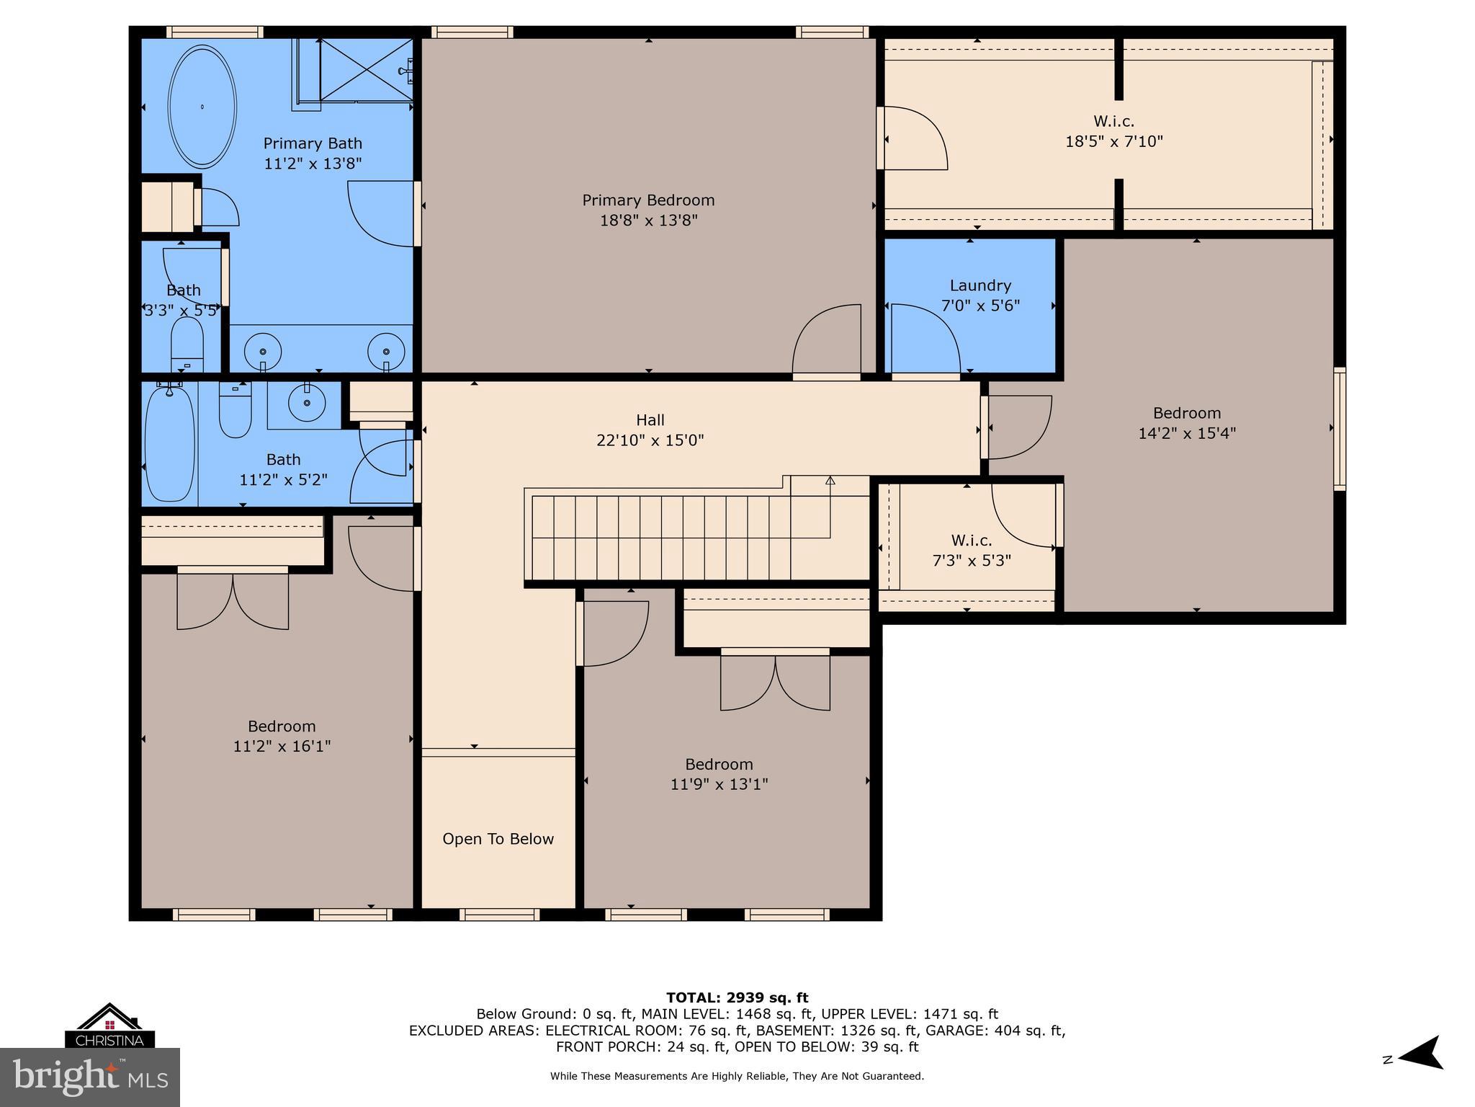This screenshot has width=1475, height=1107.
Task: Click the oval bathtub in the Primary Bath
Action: tap(202, 107)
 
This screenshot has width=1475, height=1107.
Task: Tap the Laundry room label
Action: tap(980, 285)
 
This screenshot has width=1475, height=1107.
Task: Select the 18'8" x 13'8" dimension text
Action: tap(648, 220)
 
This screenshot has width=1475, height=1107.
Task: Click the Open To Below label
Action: tap(498, 839)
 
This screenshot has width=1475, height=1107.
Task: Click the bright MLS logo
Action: tap(90, 1077)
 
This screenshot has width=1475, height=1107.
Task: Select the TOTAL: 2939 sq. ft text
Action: tap(737, 997)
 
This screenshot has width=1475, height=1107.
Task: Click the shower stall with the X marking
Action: tap(366, 70)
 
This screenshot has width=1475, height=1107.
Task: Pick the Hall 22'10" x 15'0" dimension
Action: tap(650, 440)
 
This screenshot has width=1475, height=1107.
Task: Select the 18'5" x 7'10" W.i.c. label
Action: tap(1113, 141)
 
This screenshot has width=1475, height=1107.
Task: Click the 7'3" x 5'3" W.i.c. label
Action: tap(972, 560)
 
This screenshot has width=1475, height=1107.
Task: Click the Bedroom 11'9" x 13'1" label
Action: tap(719, 764)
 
